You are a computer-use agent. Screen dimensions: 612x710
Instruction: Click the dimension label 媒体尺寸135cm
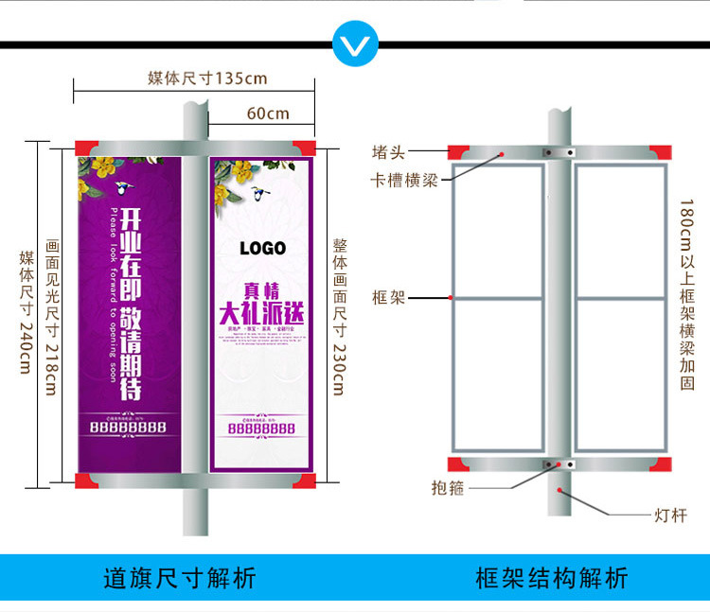(207, 78)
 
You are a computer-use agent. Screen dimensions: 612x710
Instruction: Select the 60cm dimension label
(268, 114)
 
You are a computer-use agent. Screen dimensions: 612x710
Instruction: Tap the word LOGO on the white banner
(262, 249)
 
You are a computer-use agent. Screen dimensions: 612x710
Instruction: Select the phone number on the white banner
(261, 428)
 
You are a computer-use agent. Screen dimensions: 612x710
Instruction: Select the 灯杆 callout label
(670, 516)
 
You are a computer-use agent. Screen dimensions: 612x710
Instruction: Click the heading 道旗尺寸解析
(179, 578)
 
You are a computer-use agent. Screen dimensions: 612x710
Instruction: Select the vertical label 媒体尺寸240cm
(26, 311)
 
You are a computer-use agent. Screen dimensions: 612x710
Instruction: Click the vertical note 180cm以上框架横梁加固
(687, 294)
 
